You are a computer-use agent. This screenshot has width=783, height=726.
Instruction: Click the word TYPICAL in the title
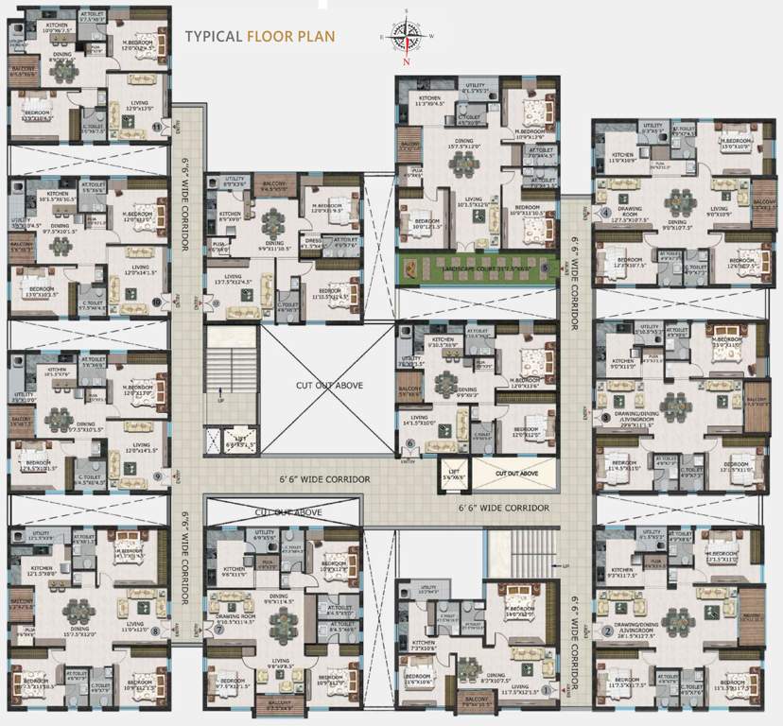[x=213, y=39]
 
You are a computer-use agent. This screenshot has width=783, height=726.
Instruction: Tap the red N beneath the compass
[x=406, y=62]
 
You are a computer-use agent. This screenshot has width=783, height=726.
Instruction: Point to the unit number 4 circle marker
[x=605, y=213]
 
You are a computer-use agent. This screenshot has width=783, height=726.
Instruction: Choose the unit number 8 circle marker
[x=169, y=630]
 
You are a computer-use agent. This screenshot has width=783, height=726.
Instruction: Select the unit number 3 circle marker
[x=605, y=417]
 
